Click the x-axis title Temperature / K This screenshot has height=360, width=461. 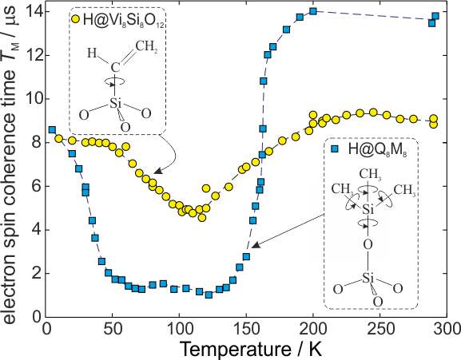[251, 350]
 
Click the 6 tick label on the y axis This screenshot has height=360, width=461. [37, 187]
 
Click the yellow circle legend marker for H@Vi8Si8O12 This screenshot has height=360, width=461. [76, 19]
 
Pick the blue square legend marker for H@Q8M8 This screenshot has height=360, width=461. [334, 149]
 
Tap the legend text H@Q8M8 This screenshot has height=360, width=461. [377, 149]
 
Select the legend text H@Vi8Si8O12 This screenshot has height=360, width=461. [124, 21]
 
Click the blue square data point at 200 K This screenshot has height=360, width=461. [313, 11]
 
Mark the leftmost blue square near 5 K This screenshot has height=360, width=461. [53, 130]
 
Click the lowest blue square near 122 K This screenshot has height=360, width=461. [209, 295]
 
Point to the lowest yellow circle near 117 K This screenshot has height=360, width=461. [202, 218]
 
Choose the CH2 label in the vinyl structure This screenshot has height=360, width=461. [146, 46]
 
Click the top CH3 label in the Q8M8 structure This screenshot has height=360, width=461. [370, 174]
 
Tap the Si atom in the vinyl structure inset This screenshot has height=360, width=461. [116, 103]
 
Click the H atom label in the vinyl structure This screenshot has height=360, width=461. [92, 53]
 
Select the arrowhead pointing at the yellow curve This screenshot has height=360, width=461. [157, 171]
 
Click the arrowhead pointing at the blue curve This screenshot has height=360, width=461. [256, 245]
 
